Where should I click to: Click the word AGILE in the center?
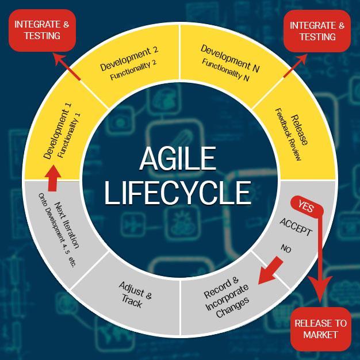point(178,158)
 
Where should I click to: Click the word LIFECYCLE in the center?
point(178,193)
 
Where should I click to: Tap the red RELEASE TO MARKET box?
point(320,329)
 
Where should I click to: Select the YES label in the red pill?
point(306,206)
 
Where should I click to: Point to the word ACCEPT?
point(296,227)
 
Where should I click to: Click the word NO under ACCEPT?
point(286,248)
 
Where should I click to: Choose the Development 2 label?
point(129,59)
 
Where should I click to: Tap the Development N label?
point(230,58)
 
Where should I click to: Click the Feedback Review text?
point(288,135)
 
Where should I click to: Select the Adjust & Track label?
point(135,294)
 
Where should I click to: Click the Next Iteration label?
point(67,225)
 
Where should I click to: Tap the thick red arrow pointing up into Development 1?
point(53,178)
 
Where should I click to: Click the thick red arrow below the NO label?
point(270,271)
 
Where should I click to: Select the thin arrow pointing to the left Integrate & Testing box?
point(67,67)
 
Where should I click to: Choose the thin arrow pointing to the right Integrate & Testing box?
point(295,66)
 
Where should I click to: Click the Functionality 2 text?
point(133,70)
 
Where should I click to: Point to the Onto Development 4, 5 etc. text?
point(57,230)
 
